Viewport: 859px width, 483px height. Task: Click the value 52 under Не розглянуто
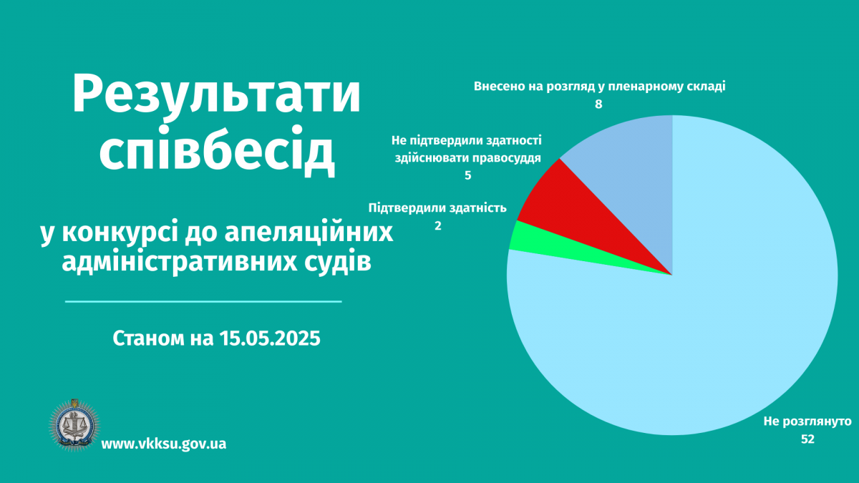(x=807, y=439)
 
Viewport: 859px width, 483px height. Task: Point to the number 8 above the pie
(x=598, y=104)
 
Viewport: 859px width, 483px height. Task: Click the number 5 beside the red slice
(x=468, y=175)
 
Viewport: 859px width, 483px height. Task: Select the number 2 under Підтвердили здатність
(x=438, y=226)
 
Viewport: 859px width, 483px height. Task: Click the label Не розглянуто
(x=807, y=421)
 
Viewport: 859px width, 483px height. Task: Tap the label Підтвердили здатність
(x=437, y=208)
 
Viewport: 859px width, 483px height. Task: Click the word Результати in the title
(x=217, y=95)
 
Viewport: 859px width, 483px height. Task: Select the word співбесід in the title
(x=217, y=151)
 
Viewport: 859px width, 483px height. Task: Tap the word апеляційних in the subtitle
(x=309, y=233)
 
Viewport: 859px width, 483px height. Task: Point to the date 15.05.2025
(x=270, y=338)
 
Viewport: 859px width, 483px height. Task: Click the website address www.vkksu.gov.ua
(x=164, y=444)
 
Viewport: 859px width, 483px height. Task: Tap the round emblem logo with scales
(x=74, y=425)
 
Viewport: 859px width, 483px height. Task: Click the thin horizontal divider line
(x=203, y=302)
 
